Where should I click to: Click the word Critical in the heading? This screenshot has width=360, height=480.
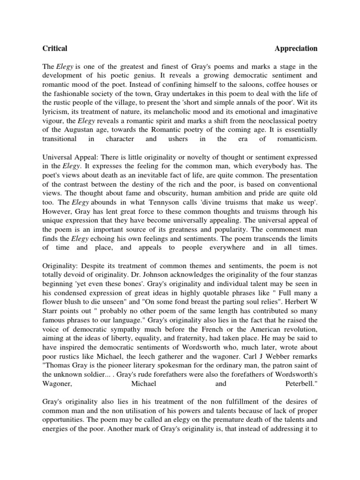click(x=55, y=48)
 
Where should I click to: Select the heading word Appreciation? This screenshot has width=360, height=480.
click(x=296, y=48)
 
